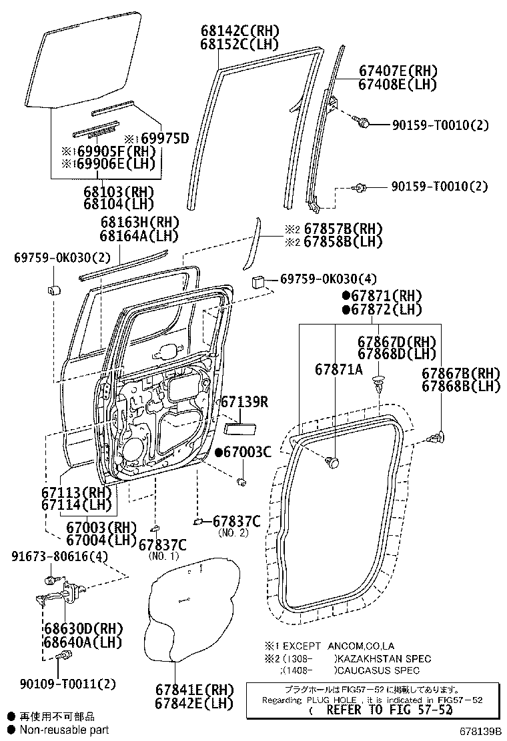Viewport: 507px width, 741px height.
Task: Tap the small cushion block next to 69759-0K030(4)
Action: (258, 282)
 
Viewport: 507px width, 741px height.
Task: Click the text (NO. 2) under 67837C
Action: (233, 532)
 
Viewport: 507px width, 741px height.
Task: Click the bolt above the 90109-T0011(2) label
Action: (65, 658)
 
